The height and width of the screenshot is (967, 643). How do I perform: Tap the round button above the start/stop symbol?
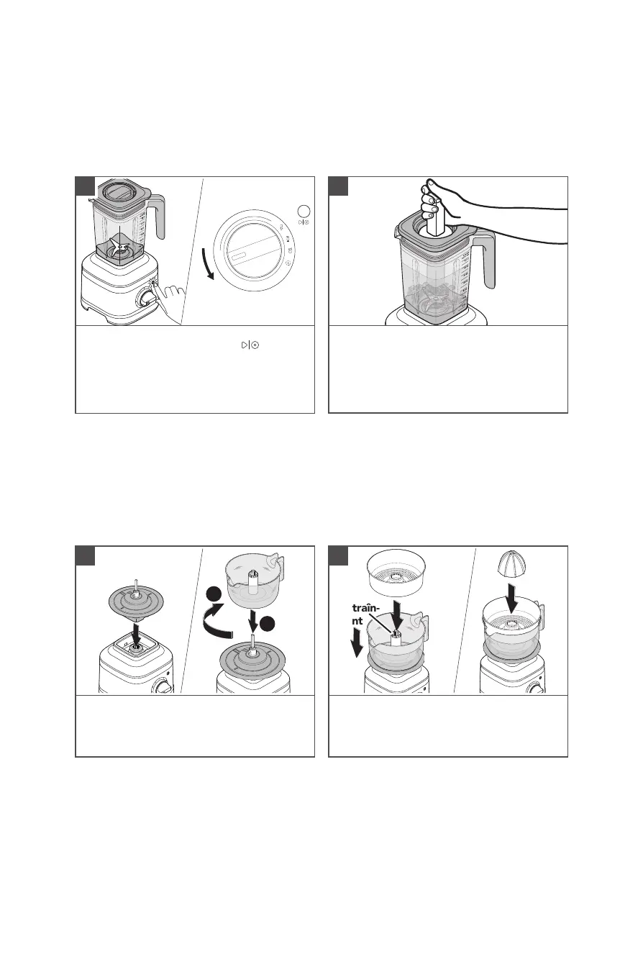click(x=304, y=210)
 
